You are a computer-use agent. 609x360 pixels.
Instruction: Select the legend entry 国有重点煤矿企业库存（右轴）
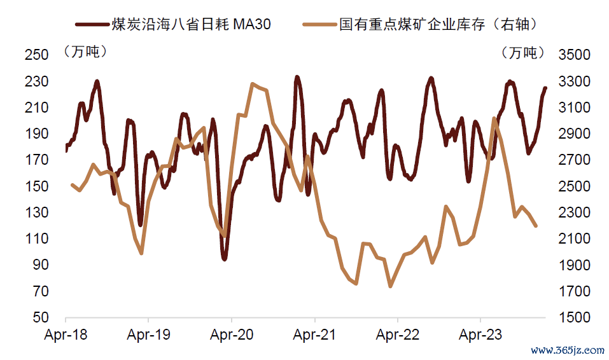point(439,25)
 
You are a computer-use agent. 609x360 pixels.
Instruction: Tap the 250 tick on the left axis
point(36,55)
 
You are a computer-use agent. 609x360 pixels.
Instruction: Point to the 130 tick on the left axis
point(36,212)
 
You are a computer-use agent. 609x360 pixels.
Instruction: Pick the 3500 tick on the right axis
point(575,55)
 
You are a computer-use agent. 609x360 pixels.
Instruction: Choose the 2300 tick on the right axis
point(575,212)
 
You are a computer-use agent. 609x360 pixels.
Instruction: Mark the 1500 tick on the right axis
point(575,317)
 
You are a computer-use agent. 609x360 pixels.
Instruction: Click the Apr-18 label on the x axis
point(66,335)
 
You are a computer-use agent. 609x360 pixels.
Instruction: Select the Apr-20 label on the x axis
point(231,335)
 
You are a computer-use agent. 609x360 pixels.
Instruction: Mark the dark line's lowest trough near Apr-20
point(224,259)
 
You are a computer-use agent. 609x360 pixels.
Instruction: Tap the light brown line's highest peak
point(253,84)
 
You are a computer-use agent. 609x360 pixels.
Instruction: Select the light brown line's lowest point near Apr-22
point(390,286)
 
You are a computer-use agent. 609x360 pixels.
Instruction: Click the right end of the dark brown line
point(545,88)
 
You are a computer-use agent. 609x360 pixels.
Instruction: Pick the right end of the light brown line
point(536,226)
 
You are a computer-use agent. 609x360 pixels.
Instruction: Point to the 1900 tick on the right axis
point(575,265)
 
